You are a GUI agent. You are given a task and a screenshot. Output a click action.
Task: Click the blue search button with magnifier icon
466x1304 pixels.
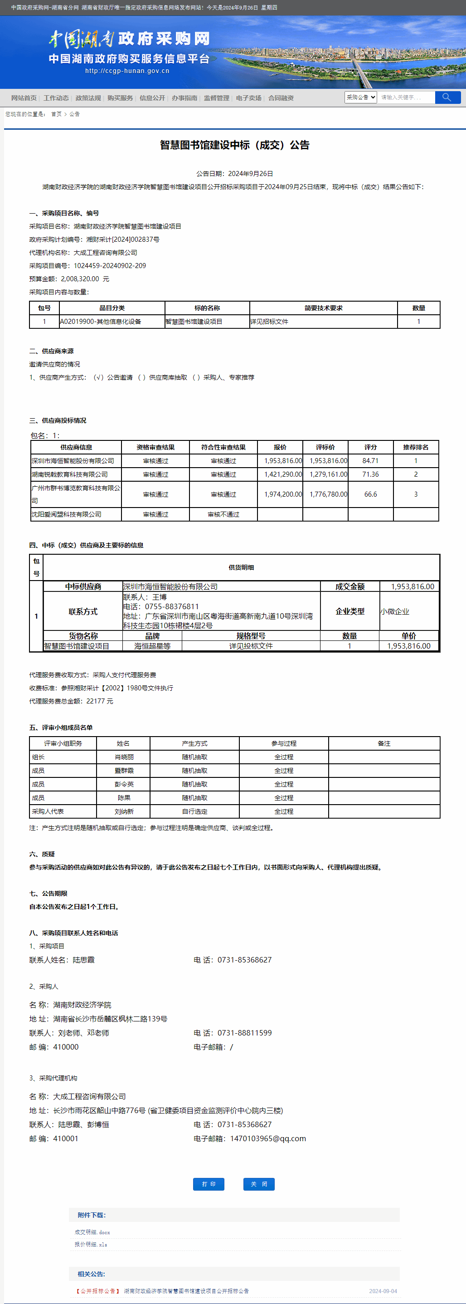(447, 97)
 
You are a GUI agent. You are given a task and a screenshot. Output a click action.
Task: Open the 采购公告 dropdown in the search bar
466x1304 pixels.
(360, 97)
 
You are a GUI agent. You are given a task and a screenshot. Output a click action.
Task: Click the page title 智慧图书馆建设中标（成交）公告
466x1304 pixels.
(234, 145)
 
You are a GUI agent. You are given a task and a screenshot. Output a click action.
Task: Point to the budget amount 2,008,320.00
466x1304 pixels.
(80, 279)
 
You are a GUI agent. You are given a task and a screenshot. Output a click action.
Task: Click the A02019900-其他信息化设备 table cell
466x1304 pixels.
(101, 322)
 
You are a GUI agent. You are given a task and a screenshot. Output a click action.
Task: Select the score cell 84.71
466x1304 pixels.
(370, 461)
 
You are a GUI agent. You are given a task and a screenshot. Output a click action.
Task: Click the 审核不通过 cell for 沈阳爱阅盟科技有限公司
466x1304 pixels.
(223, 514)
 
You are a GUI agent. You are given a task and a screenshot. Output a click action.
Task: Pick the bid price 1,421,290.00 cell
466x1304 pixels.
(283, 474)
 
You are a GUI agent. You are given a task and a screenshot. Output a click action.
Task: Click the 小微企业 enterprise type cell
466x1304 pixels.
(395, 611)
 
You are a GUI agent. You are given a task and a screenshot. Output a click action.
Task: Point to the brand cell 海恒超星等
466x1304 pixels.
(152, 646)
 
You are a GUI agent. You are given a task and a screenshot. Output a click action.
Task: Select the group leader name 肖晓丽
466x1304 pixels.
(124, 757)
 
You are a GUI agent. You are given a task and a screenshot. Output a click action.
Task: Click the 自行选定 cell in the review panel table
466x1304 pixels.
(194, 811)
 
